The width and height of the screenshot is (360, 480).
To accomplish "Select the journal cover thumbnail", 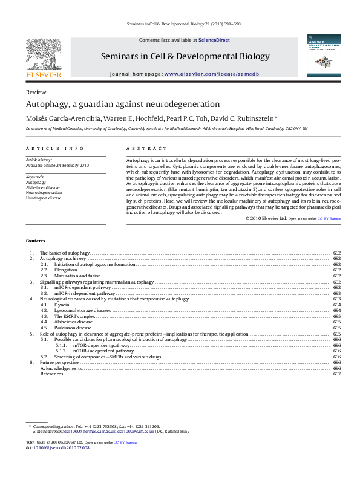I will [322, 56].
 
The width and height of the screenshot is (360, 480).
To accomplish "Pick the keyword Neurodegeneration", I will [44, 192].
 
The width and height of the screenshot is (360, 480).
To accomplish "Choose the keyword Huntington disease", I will [44, 198].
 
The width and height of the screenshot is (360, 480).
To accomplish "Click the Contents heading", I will [34, 240].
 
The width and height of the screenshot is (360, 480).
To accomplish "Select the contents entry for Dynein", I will [62, 305].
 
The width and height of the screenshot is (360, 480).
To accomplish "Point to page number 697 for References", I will [337, 374].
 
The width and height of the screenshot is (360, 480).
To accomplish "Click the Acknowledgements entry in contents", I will [61, 368].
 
